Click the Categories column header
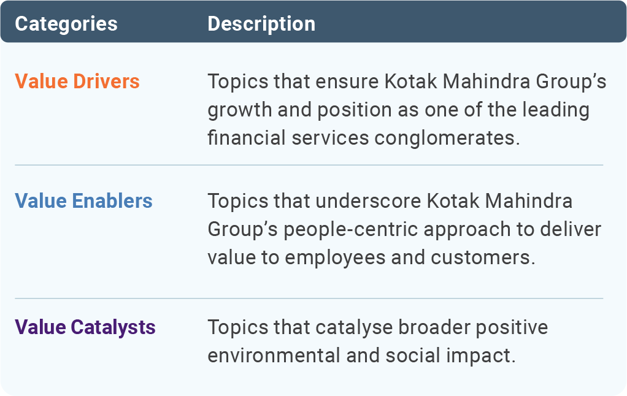point(66,24)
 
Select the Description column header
point(261,24)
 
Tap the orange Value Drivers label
point(77,81)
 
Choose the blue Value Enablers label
point(83,200)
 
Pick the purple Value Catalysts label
point(85,328)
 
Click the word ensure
point(347,82)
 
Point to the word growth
point(239,110)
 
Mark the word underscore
point(368,200)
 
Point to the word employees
point(335,257)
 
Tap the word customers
point(483,257)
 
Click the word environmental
point(274,356)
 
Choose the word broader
point(434,327)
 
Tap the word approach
point(467,230)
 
